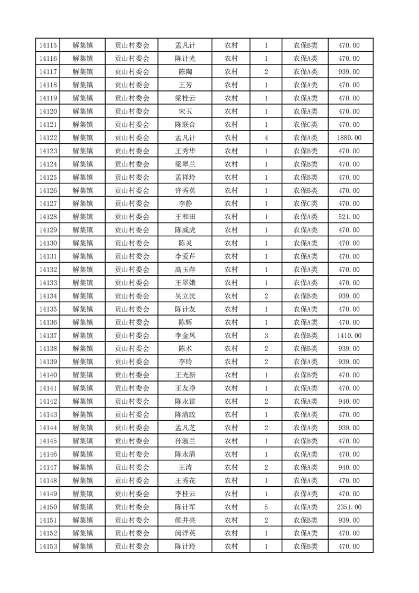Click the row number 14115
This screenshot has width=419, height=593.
(x=48, y=45)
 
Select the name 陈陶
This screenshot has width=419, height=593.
(x=185, y=72)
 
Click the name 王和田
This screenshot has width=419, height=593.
(x=185, y=217)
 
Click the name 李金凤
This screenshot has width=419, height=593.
(x=185, y=336)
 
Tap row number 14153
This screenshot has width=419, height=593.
(x=48, y=546)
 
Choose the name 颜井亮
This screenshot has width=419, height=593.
(x=185, y=520)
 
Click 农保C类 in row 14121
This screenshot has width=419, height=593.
(x=305, y=125)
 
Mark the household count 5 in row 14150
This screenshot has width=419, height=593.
(x=266, y=507)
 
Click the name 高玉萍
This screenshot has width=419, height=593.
(x=185, y=270)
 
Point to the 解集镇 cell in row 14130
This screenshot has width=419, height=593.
(x=82, y=243)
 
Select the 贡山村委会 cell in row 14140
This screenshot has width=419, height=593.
(x=132, y=375)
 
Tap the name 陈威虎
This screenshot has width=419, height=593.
(x=185, y=230)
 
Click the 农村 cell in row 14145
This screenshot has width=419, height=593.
(x=231, y=441)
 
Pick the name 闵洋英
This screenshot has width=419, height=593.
(x=185, y=533)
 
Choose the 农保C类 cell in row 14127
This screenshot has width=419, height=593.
(x=305, y=203)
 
